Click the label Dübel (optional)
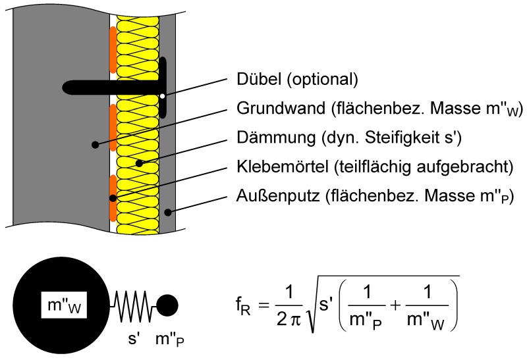click(297, 80)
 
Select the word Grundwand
click(281, 108)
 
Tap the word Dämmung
click(276, 138)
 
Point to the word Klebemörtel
click(283, 167)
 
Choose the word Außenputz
click(278, 195)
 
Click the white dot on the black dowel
click(163, 96)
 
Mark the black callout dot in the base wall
click(96, 145)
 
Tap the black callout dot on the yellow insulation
click(139, 163)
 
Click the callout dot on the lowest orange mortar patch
click(113, 198)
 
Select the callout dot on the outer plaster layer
click(168, 212)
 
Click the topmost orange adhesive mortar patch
click(113, 50)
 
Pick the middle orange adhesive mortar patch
click(113, 128)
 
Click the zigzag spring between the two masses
click(133, 306)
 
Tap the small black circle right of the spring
click(167, 305)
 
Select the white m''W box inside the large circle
click(64, 305)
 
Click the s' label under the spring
click(134, 338)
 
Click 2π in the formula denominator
click(289, 319)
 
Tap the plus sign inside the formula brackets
click(395, 305)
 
